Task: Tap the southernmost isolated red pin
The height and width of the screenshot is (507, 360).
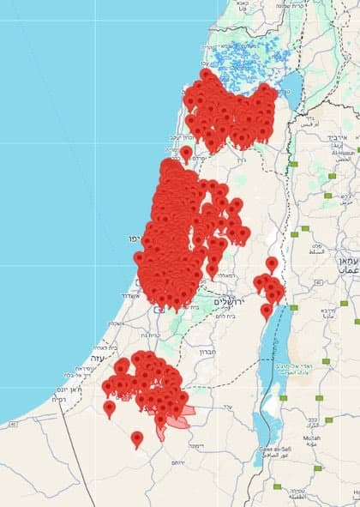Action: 137,438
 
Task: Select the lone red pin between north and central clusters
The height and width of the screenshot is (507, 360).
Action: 186,154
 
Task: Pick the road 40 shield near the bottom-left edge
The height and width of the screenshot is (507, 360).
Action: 12,423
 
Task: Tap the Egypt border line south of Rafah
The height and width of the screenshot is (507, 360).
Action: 77,446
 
